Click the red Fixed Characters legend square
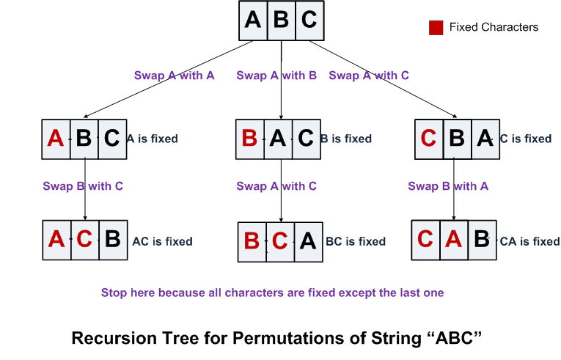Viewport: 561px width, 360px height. click(x=436, y=28)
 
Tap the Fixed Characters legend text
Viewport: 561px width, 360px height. click(x=494, y=28)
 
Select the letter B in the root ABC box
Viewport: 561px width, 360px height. click(x=281, y=20)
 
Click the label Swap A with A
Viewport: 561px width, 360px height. click(x=174, y=76)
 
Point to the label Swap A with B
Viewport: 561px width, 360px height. click(x=276, y=76)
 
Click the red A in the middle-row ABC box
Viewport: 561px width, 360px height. click(x=56, y=139)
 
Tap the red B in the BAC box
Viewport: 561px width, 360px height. click(x=249, y=139)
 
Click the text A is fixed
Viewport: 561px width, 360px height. click(x=152, y=139)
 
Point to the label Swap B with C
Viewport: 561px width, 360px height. click(x=82, y=186)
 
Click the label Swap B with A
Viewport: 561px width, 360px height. click(x=447, y=186)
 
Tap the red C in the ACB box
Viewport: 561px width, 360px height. click(x=84, y=240)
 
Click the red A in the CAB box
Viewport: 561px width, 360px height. click(x=453, y=240)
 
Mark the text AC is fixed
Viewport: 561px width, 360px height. click(x=162, y=241)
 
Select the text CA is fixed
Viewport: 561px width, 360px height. click(x=529, y=241)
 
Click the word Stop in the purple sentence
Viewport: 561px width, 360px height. click(x=114, y=293)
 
